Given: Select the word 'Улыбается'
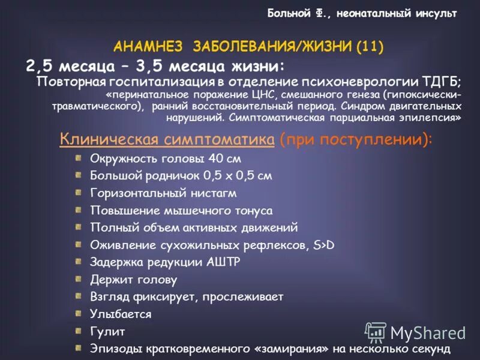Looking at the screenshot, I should point(121,314).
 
